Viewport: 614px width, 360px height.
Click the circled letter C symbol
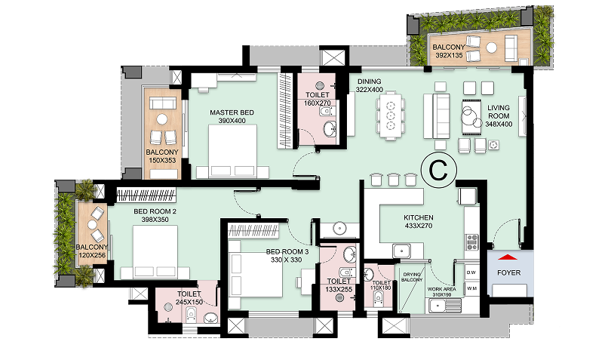click(x=438, y=170)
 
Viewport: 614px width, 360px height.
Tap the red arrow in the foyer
click(x=508, y=257)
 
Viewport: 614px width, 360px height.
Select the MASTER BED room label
click(x=232, y=112)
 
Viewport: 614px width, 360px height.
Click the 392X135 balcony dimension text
click(x=449, y=55)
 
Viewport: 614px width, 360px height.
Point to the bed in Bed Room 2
click(x=155, y=252)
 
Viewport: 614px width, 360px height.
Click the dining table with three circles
click(x=390, y=115)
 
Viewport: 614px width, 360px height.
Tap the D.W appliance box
click(x=471, y=272)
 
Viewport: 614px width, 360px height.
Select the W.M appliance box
click(x=471, y=289)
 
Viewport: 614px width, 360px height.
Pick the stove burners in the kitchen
click(x=471, y=242)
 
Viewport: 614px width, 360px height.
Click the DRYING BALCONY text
click(x=412, y=277)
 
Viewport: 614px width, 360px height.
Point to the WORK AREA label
click(x=442, y=289)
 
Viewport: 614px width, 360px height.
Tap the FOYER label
click(x=508, y=272)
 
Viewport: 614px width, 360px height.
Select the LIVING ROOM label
click(x=499, y=112)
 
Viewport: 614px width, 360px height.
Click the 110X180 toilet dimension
click(x=382, y=288)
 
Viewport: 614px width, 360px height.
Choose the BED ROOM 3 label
click(x=287, y=251)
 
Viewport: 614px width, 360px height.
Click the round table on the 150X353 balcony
click(x=161, y=118)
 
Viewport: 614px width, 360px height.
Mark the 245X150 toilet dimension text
click(x=189, y=302)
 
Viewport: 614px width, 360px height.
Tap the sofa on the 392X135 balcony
click(x=511, y=48)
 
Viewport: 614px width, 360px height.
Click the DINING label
click(x=370, y=82)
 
